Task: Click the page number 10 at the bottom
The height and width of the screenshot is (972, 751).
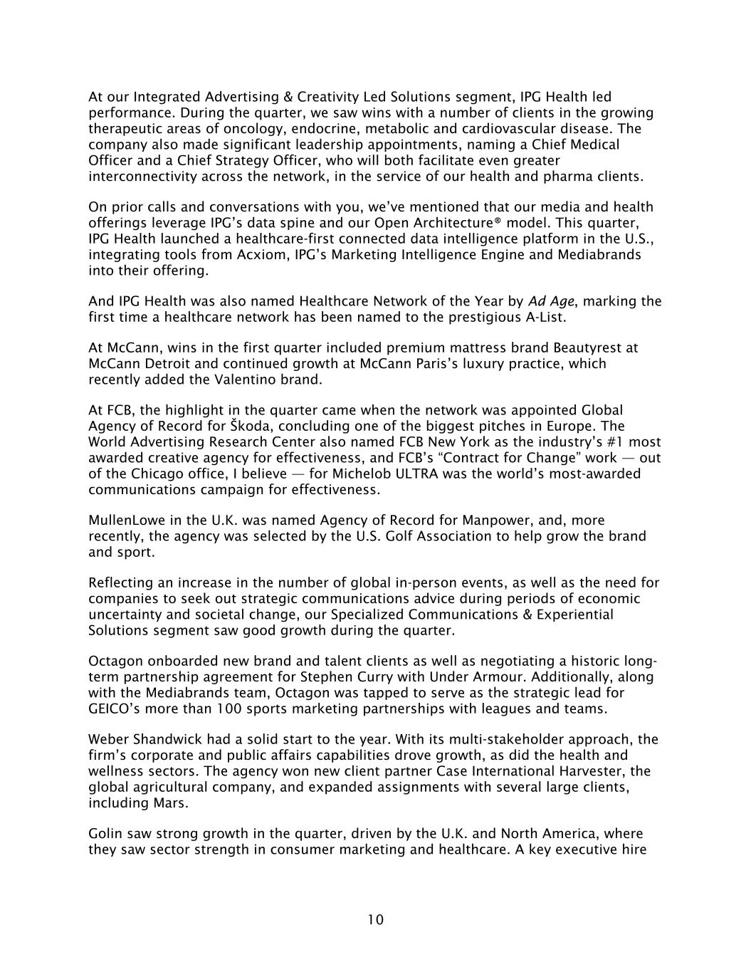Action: coord(375,920)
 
